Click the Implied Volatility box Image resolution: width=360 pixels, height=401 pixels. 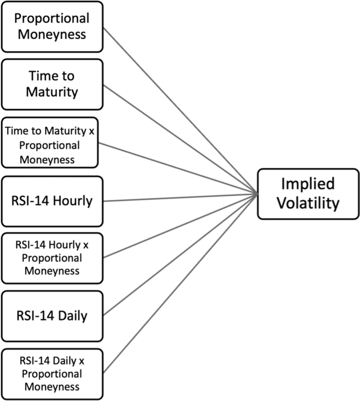(308, 194)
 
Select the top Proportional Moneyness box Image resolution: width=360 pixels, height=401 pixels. (52, 27)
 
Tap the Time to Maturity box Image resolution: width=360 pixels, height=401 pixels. (52, 84)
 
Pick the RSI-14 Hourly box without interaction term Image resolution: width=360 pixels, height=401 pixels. (52, 201)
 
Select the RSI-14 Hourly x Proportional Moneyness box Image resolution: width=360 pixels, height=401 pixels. (52, 258)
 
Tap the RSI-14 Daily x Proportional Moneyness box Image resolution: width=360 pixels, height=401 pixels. (52, 374)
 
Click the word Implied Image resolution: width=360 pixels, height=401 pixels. (308, 184)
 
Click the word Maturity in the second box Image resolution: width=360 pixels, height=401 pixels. (52, 92)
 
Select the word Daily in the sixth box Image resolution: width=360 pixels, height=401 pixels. (72, 316)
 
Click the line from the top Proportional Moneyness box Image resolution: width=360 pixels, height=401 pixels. (179, 110)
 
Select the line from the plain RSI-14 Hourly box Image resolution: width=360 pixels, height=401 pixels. (179, 198)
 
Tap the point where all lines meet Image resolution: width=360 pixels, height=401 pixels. (256, 194)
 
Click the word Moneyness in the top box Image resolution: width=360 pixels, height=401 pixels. (52, 35)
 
